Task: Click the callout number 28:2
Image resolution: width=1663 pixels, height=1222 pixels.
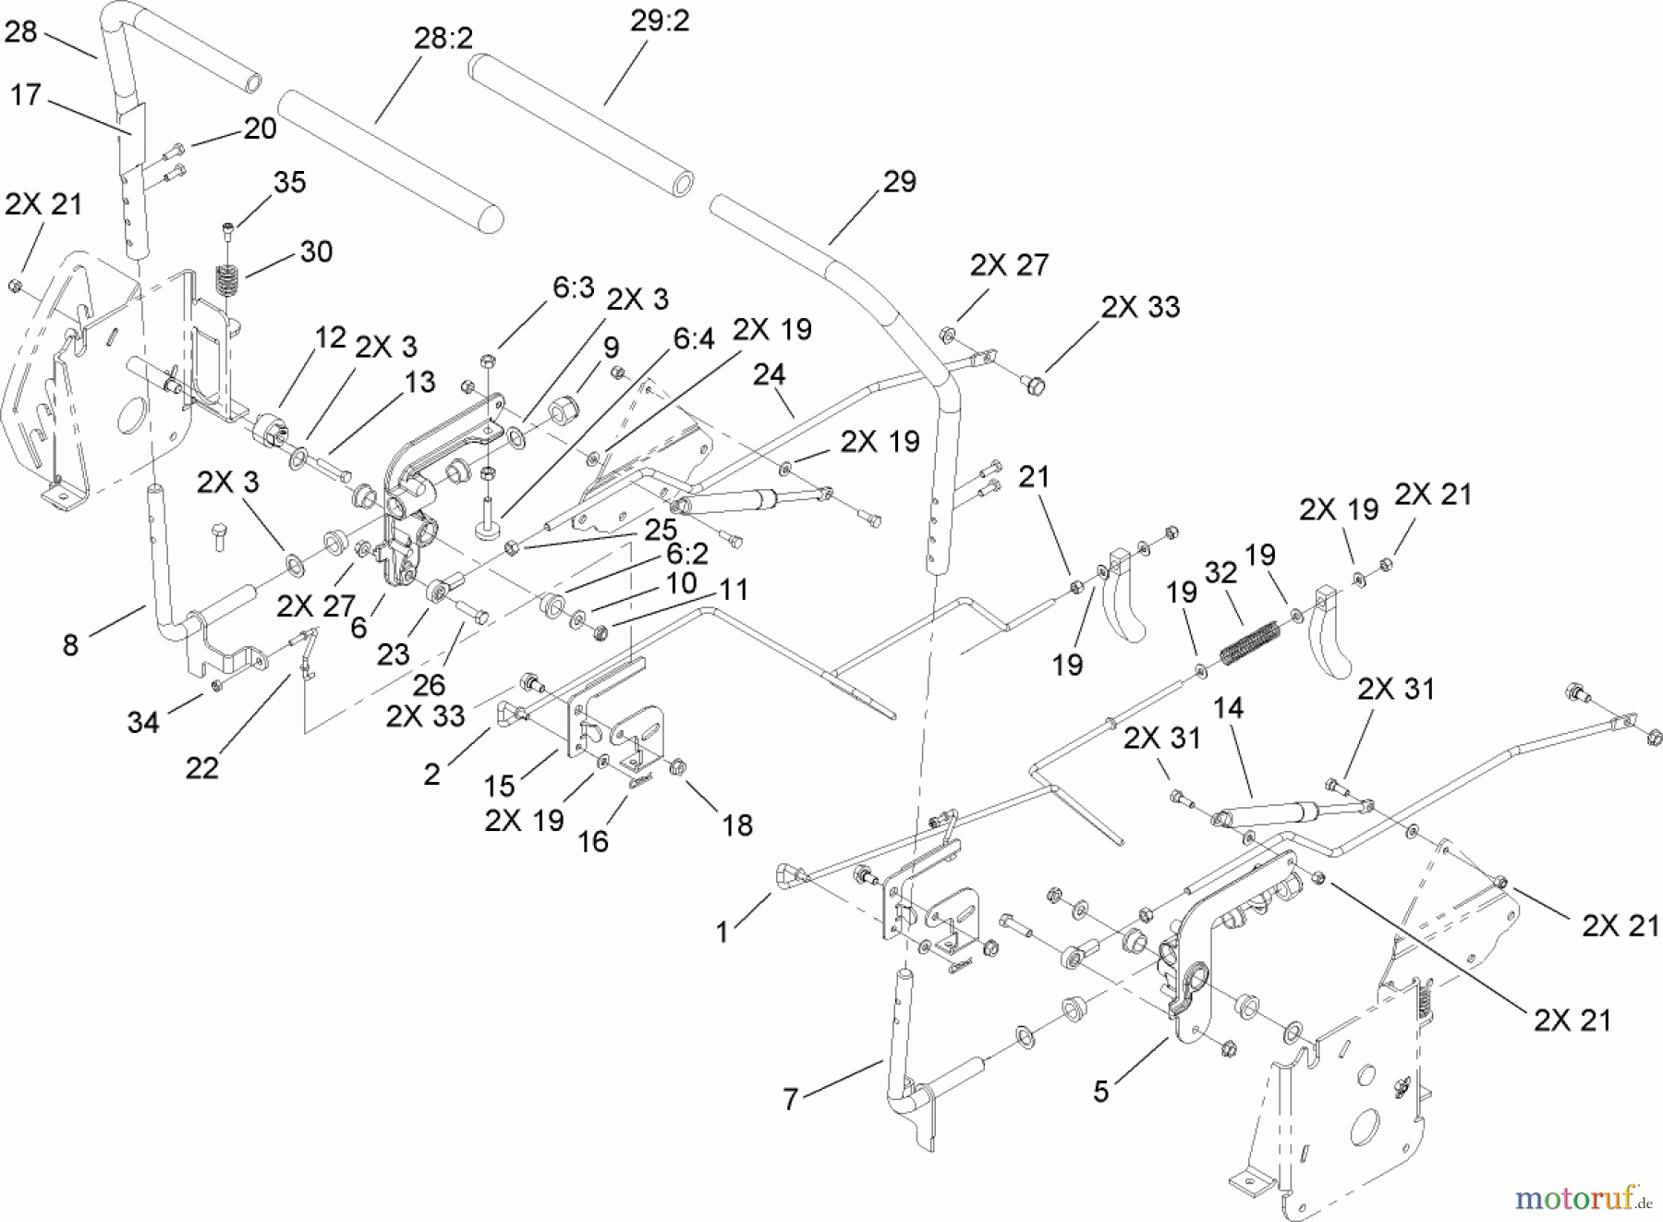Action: (x=443, y=39)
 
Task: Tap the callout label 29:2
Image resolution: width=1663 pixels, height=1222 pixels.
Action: (x=660, y=21)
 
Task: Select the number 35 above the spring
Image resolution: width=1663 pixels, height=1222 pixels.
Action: (x=289, y=182)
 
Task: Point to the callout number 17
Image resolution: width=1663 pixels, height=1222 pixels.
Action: (x=25, y=95)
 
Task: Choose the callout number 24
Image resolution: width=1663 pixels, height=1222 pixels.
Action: (x=769, y=374)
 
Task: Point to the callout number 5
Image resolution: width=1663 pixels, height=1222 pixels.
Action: (x=1100, y=1092)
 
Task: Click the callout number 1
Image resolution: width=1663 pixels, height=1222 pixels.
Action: (x=722, y=932)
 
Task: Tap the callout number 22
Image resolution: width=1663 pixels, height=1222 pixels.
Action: (x=202, y=767)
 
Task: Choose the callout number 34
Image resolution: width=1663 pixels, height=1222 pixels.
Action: (x=143, y=722)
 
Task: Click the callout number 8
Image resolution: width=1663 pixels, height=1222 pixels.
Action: (x=70, y=644)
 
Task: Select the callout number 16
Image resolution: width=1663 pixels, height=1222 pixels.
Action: (x=592, y=841)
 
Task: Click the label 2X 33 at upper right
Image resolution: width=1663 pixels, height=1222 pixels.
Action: (x=1140, y=307)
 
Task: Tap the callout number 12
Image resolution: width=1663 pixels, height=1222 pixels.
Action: (x=329, y=337)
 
